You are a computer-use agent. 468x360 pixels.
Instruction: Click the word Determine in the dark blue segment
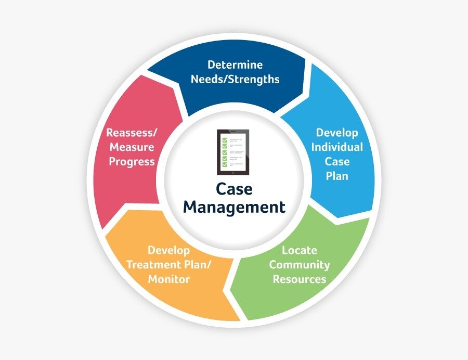[235, 65]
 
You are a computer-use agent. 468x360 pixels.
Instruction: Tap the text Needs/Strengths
[235, 80]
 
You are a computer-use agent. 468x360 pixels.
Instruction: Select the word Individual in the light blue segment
[337, 147]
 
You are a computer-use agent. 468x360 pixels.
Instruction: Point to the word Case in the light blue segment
[337, 161]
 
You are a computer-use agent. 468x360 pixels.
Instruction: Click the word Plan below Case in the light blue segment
[337, 176]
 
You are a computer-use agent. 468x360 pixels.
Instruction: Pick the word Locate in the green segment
[300, 250]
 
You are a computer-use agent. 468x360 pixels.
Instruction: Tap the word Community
[300, 265]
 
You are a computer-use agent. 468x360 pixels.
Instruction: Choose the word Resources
[300, 279]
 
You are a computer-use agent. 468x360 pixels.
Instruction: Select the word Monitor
[168, 279]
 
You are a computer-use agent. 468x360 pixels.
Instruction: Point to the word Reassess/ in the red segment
[131, 132]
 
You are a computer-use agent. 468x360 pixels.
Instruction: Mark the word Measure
[131, 147]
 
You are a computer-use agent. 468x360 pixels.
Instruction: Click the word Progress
[131, 161]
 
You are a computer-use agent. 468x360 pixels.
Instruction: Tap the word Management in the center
[234, 207]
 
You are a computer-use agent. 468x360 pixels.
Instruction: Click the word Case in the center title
[234, 188]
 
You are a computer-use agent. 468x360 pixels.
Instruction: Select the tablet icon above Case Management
[233, 152]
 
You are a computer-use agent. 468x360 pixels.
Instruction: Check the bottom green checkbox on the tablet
[225, 164]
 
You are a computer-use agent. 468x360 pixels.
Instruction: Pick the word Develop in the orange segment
[168, 250]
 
